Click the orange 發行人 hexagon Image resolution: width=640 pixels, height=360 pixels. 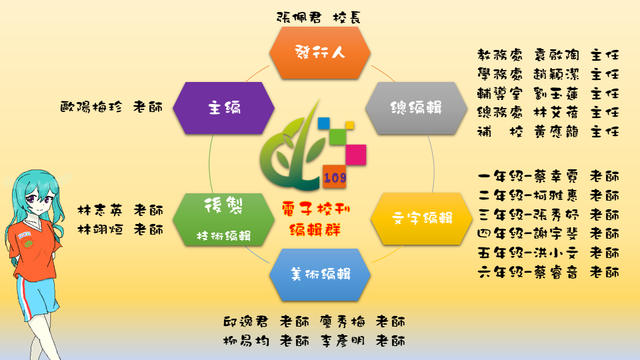click(320, 53)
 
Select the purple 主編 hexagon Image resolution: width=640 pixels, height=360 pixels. click(223, 108)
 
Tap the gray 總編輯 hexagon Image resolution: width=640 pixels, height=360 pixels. click(416, 108)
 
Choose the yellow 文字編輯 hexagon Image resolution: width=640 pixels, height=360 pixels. click(421, 219)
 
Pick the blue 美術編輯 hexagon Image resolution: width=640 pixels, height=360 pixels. click(320, 275)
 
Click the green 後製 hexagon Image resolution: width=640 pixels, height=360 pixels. click(223, 219)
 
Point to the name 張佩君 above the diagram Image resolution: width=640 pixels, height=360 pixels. click(299, 17)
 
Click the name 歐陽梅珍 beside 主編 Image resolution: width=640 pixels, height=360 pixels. click(91, 107)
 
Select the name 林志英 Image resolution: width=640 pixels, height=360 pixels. click(100, 210)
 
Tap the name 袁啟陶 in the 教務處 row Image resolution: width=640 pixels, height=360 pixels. click(556, 55)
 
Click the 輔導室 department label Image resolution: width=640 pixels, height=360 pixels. click(500, 93)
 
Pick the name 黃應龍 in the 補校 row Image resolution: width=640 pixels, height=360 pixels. click(556, 131)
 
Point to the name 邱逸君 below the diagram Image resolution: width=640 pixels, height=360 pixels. click(246, 321)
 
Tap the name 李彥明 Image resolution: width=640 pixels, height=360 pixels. click(342, 341)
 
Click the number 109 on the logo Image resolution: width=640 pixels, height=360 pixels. click(335, 177)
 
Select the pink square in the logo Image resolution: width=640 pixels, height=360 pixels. click(356, 155)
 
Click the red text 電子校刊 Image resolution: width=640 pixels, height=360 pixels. click(315, 209)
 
